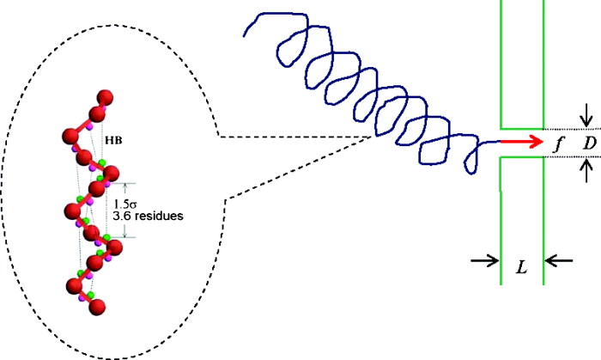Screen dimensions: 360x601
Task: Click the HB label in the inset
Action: tap(112, 138)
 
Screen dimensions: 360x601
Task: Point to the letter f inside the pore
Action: tap(559, 143)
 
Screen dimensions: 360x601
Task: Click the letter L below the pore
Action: tap(521, 268)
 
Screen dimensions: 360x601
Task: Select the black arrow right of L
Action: tap(560, 260)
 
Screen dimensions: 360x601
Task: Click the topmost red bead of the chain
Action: tap(106, 96)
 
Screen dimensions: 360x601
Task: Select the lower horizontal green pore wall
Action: tap(522, 158)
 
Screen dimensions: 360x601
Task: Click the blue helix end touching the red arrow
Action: tap(497, 142)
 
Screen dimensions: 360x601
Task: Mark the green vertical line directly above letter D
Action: tap(543, 60)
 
